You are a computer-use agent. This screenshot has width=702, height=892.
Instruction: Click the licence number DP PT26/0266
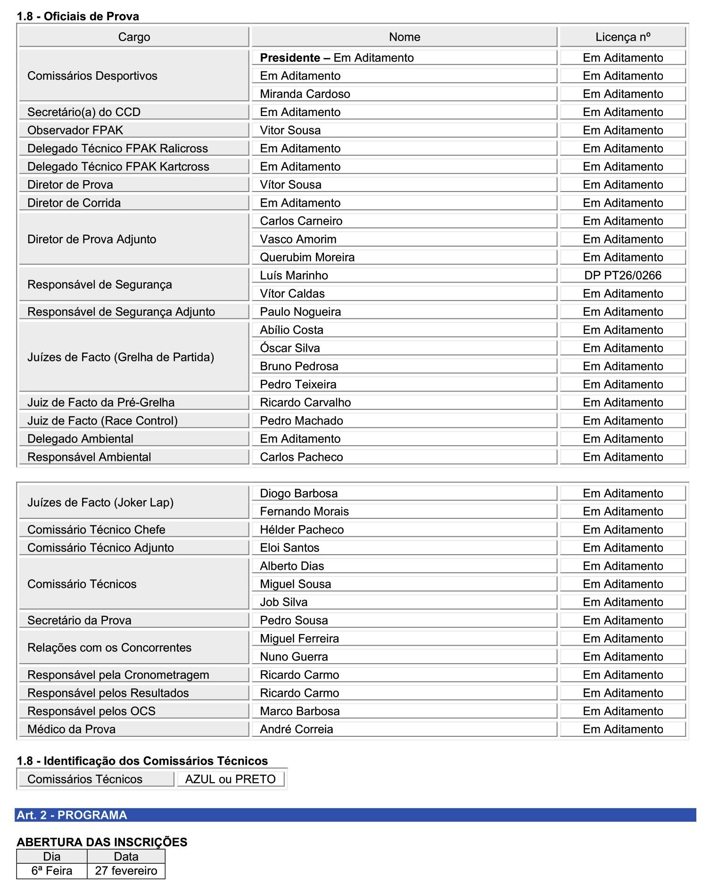click(x=622, y=275)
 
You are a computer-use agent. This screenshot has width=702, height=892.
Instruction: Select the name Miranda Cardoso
click(x=305, y=94)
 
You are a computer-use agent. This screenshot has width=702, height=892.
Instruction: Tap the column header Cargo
click(x=134, y=37)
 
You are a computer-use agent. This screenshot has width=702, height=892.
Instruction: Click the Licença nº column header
click(x=622, y=37)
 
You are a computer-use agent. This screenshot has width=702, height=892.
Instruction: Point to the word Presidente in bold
click(x=289, y=58)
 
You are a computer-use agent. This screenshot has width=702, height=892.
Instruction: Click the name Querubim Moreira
click(x=307, y=258)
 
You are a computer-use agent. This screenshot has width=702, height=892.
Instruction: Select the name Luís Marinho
click(x=294, y=275)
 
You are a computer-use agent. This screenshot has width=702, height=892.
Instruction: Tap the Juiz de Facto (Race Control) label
click(x=102, y=421)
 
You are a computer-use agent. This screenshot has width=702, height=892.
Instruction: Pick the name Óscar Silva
click(x=289, y=348)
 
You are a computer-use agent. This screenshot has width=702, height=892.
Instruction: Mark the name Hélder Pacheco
click(x=302, y=530)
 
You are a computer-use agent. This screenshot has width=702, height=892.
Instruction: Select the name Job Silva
click(x=283, y=602)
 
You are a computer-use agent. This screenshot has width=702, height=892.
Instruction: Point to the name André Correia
click(x=296, y=730)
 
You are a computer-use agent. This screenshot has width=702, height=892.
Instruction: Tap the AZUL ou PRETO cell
click(x=230, y=779)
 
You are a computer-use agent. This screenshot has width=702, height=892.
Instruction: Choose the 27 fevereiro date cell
click(x=126, y=871)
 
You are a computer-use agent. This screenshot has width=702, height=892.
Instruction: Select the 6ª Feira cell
click(x=52, y=871)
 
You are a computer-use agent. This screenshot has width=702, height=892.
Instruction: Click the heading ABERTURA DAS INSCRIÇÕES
click(x=102, y=842)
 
